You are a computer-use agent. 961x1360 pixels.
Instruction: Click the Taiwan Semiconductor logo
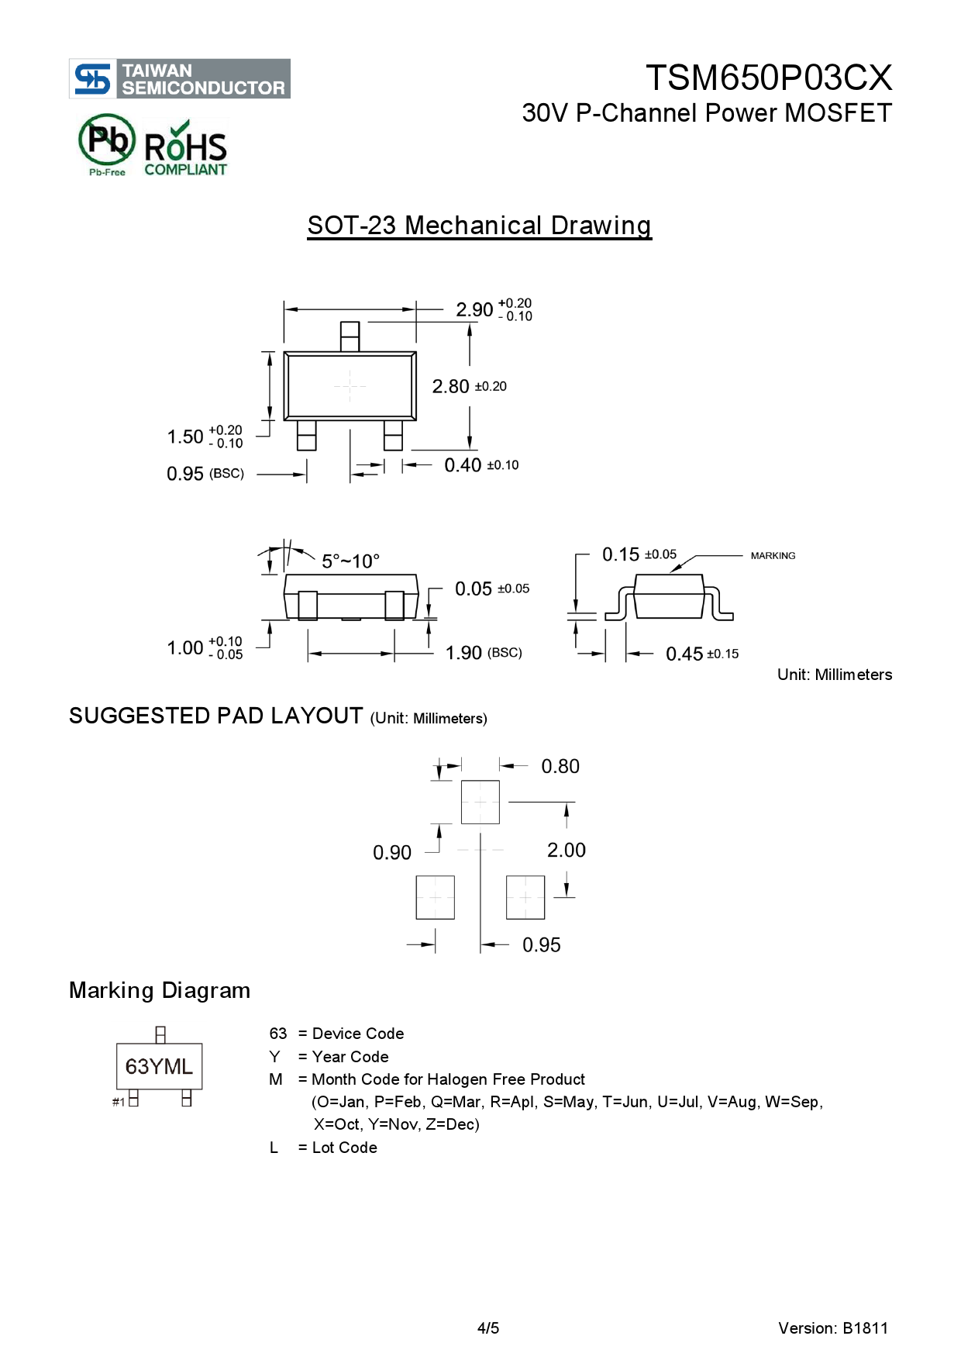[x=180, y=78]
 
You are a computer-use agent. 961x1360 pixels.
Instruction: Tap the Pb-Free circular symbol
[x=107, y=143]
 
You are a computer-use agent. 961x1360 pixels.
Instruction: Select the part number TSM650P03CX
[x=768, y=78]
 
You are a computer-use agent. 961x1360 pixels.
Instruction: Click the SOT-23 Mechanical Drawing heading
[x=479, y=226]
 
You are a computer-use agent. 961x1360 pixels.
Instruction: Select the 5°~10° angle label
[x=350, y=561]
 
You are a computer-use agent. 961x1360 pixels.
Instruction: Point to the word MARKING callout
[x=773, y=556]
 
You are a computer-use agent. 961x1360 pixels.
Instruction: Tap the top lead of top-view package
[x=350, y=337]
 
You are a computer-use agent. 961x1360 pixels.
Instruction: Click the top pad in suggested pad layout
[x=480, y=802]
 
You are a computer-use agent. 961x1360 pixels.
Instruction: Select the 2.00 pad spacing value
[x=566, y=850]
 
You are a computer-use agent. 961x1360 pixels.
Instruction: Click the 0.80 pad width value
[x=560, y=766]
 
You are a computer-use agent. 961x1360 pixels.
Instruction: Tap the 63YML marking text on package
[x=159, y=1067]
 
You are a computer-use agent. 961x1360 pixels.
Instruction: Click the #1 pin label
[x=119, y=1102]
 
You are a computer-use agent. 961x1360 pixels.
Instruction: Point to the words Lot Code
[x=344, y=1148]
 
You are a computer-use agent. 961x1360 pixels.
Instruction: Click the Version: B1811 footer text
[x=832, y=1328]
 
